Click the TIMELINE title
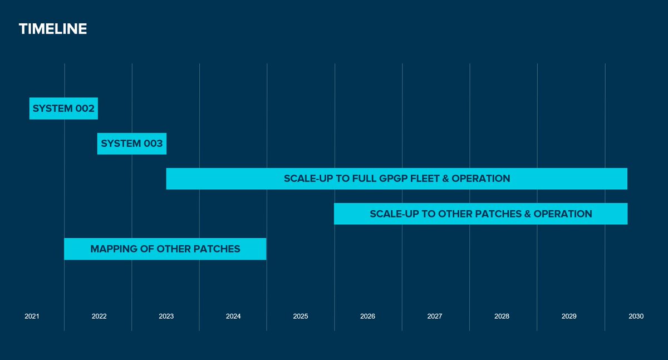[53, 29]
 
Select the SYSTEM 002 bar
[63, 109]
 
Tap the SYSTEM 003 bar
[132, 144]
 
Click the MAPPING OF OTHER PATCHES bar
[165, 249]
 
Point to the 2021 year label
[32, 316]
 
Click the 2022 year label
[99, 316]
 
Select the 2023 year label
[166, 316]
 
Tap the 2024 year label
[233, 316]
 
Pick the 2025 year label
[301, 316]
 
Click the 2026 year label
[367, 316]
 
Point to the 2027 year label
[435, 316]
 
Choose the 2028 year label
[502, 316]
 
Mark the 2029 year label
[569, 316]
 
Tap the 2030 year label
[636, 316]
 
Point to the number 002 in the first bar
[85, 109]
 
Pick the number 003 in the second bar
[153, 144]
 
